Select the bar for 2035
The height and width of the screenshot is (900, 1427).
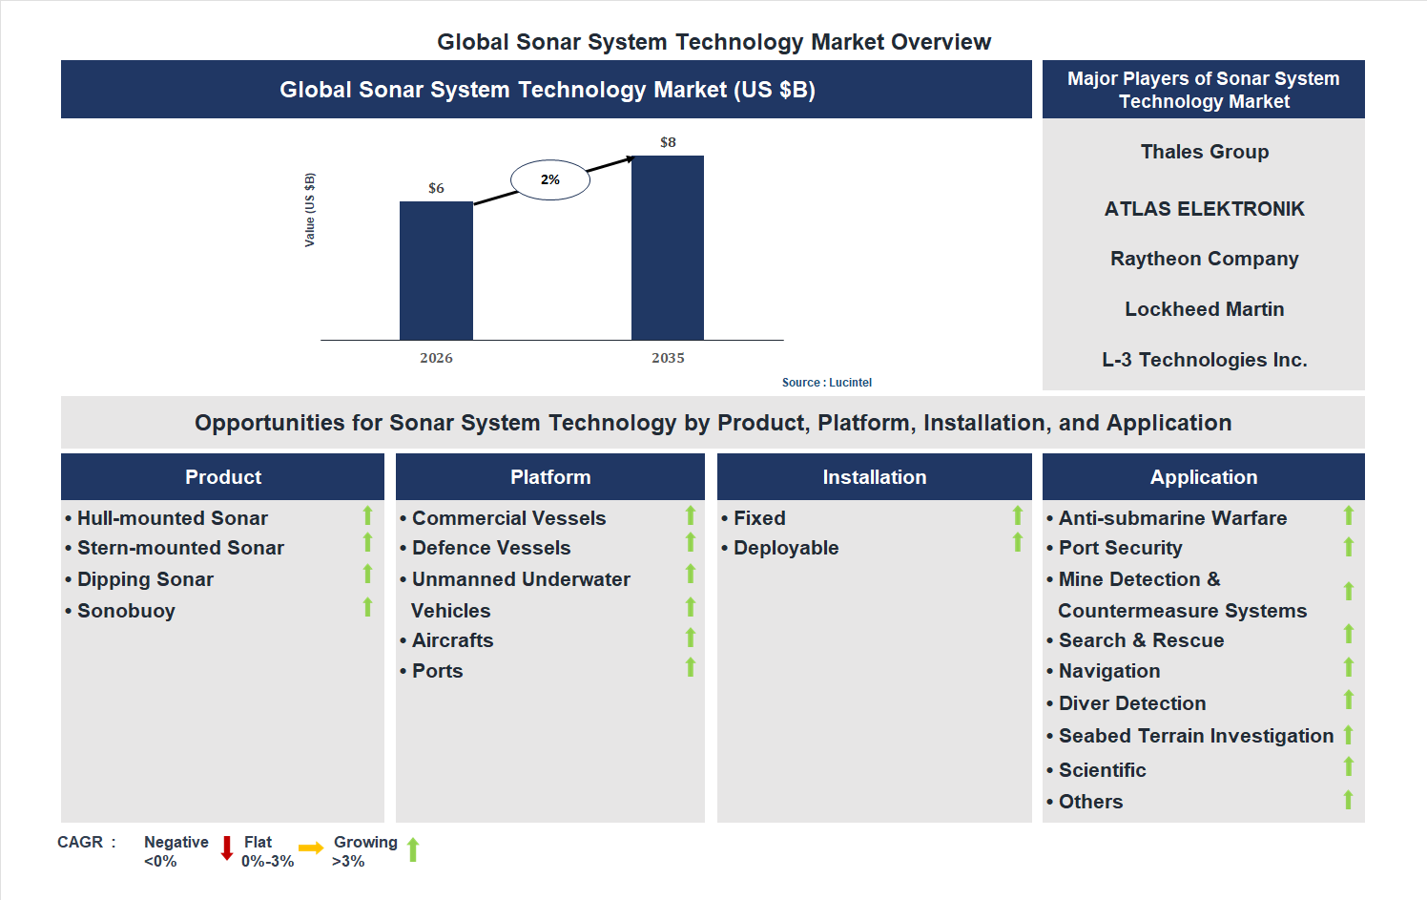[x=668, y=247]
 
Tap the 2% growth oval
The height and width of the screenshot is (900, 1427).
[x=550, y=179]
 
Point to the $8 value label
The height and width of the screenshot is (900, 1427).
[x=668, y=142]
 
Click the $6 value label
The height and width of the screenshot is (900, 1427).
[x=436, y=188]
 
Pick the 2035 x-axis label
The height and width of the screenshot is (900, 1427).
[x=668, y=358]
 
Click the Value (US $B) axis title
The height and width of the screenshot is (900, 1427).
[x=309, y=210]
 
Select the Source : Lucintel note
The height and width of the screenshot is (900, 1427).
[x=826, y=383]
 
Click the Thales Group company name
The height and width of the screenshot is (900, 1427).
[x=1204, y=152]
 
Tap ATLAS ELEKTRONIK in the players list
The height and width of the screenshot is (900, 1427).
[x=1204, y=209]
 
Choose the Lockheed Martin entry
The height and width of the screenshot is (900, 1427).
[x=1204, y=309]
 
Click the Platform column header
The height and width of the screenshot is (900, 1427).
[x=550, y=477]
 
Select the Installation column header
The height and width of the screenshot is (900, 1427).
[x=874, y=477]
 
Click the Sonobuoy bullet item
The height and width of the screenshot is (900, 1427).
[x=126, y=611]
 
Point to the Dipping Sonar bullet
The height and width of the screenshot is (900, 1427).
[x=145, y=579]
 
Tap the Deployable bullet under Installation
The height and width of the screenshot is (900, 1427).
[x=785, y=548]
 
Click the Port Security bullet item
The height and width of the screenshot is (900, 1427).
[x=1120, y=548]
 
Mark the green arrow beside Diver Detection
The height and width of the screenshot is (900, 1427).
[x=1349, y=700]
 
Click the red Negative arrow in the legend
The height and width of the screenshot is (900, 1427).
[x=227, y=848]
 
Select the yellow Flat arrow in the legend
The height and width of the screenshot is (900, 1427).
[x=311, y=848]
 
